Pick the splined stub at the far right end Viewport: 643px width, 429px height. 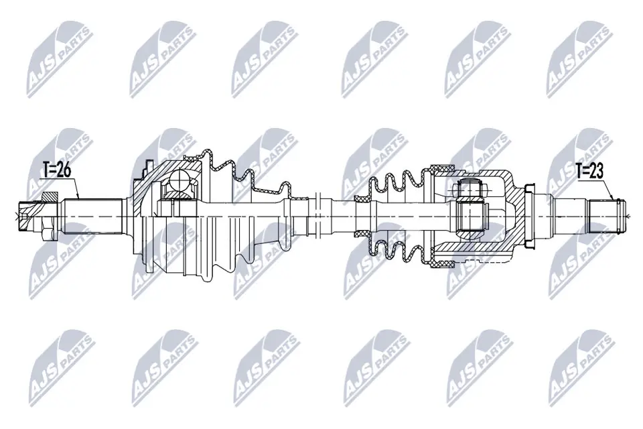pos(606,215)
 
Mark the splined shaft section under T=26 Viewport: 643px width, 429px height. pos(94,215)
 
